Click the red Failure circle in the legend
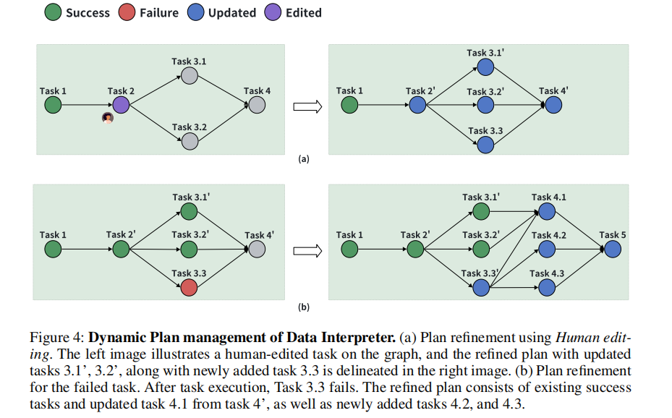[x=127, y=12]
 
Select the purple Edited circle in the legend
[x=273, y=12]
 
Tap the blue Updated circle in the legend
[x=196, y=12]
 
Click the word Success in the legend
[x=87, y=12]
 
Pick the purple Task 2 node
[x=121, y=105]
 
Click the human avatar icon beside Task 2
[x=108, y=118]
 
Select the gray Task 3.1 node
[x=189, y=75]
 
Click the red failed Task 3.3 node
[x=189, y=288]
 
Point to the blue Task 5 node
[x=613, y=249]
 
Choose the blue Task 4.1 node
[x=547, y=211]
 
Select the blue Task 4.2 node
[x=547, y=249]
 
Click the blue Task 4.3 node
[x=547, y=287]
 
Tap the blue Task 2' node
[x=417, y=105]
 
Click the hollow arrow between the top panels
[x=306, y=106]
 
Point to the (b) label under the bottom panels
[x=304, y=307]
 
